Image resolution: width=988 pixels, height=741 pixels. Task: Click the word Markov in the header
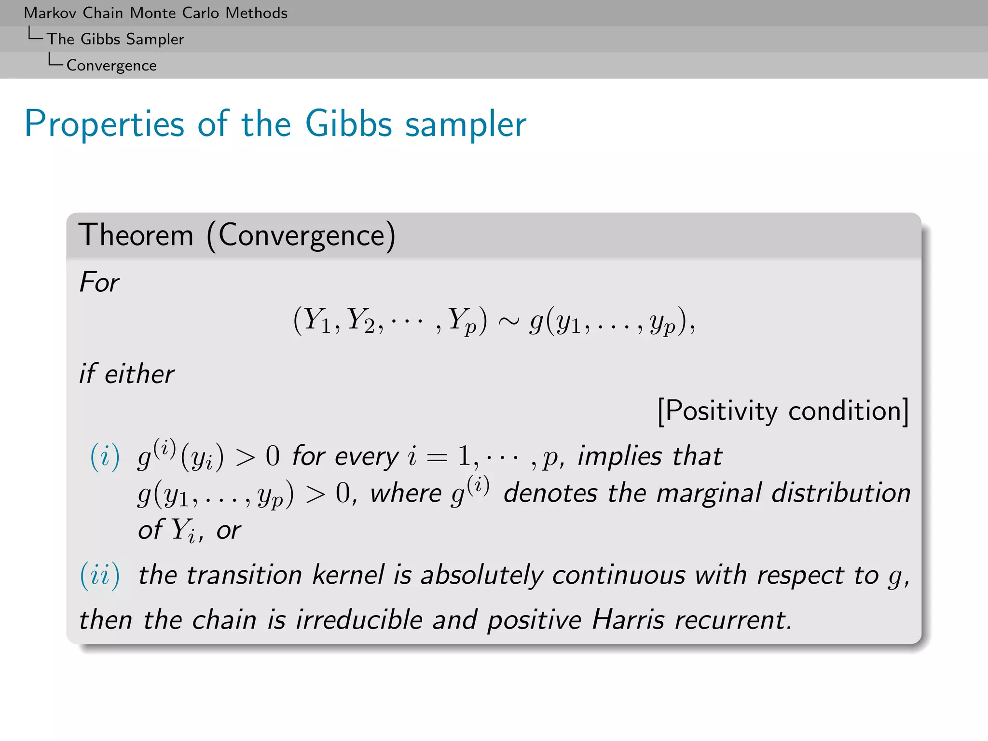50,13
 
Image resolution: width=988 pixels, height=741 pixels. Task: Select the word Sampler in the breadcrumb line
155,40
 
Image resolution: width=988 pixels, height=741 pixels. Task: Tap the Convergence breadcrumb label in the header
111,66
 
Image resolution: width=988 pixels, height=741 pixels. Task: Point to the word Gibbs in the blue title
348,124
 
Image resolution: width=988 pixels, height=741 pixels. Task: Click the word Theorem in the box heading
136,235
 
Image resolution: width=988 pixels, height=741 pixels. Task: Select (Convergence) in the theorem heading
301,236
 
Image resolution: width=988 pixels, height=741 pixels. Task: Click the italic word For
99,282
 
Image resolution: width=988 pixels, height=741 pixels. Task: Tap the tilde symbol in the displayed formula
508,321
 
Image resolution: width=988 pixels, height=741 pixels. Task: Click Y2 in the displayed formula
361,320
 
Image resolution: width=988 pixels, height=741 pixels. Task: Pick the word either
139,374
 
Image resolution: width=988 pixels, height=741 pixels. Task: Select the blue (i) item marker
105,456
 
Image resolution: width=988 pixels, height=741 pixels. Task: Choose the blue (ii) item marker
99,576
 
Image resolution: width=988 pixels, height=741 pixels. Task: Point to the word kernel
348,575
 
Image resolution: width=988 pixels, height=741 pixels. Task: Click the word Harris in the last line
628,620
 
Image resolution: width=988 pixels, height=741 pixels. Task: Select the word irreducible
359,620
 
